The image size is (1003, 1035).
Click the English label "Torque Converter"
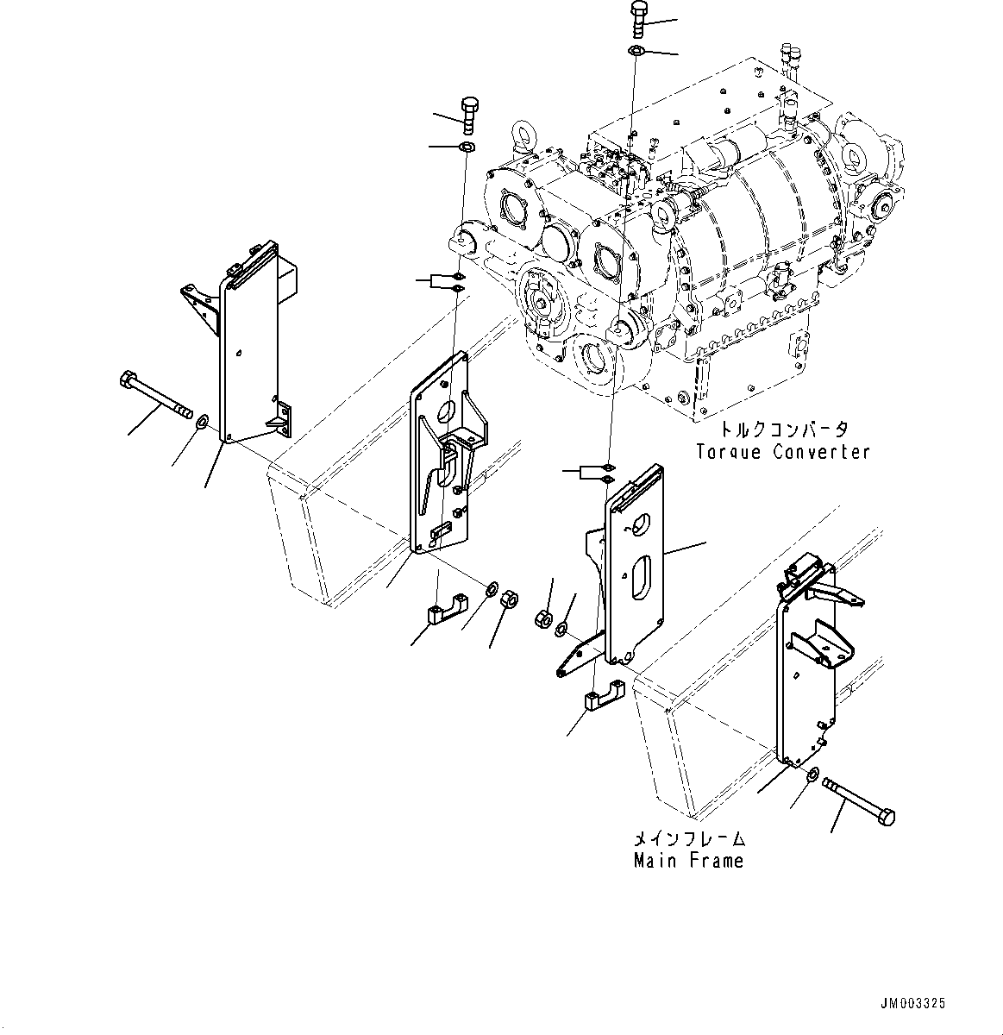(782, 452)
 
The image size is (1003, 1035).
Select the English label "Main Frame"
(688, 861)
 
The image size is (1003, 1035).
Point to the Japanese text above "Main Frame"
(688, 839)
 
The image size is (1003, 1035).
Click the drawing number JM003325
(912, 1003)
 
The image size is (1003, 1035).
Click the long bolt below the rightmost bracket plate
(859, 800)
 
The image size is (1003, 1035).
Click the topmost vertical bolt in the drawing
(638, 18)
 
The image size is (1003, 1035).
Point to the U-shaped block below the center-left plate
(444, 612)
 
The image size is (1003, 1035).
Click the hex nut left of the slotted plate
(543, 618)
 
